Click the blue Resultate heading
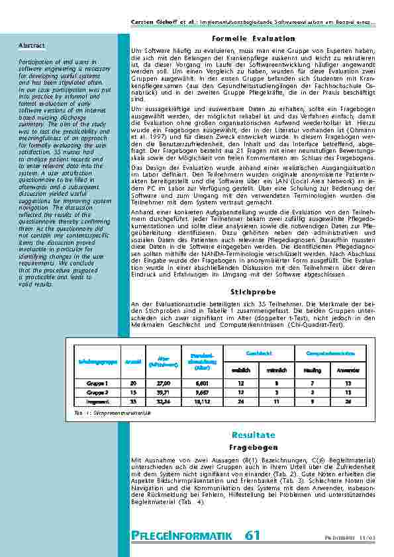(x=253, y=435)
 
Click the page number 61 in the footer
(x=252, y=536)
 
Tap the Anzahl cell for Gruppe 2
(x=133, y=392)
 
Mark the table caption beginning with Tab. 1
(x=113, y=412)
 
